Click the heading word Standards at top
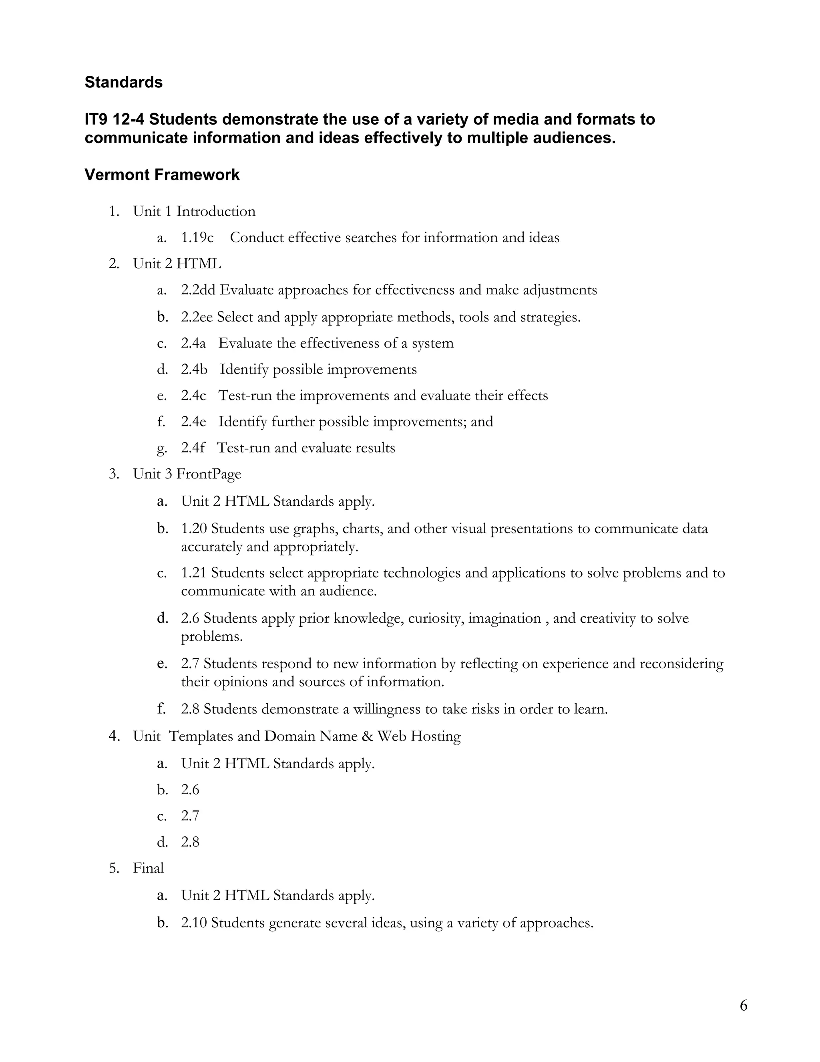[123, 82]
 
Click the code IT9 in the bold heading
[96, 119]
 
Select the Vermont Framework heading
[162, 175]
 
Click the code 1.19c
[197, 238]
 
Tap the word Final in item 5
[148, 868]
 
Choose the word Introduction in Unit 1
[216, 212]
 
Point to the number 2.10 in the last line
[194, 923]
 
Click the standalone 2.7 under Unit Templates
[190, 816]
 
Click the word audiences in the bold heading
[574, 138]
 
